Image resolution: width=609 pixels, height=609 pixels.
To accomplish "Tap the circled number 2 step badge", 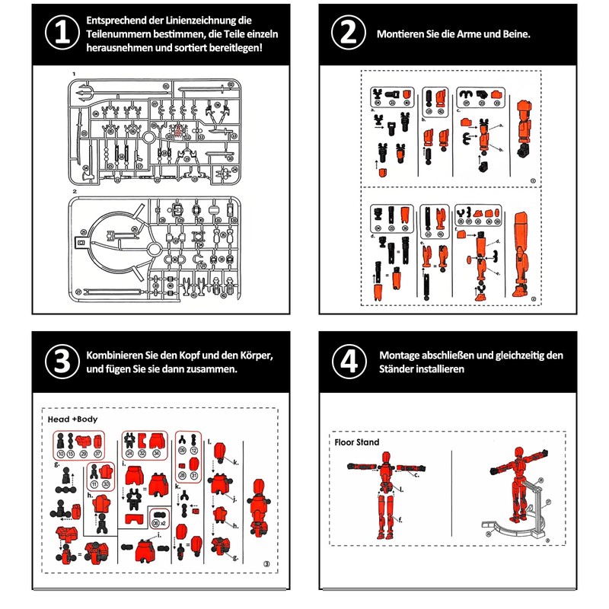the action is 348,35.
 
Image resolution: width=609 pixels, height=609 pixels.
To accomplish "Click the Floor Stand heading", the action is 357,442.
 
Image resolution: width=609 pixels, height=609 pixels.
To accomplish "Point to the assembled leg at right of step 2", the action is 521,255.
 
